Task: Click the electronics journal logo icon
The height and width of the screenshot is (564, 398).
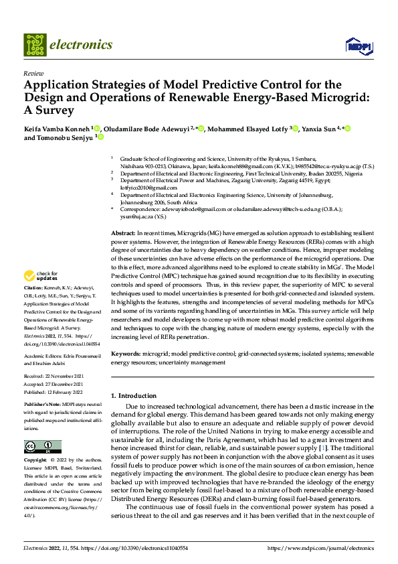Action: (x=34, y=45)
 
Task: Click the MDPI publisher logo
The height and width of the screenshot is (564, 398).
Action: (x=356, y=45)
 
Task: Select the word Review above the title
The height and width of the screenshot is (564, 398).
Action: (x=33, y=73)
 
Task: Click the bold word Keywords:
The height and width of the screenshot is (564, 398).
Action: (x=126, y=352)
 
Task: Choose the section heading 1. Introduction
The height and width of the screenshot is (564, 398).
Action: (x=133, y=396)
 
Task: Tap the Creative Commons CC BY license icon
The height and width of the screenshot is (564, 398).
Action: (x=42, y=446)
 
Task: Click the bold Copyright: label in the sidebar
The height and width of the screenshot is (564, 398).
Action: (x=36, y=462)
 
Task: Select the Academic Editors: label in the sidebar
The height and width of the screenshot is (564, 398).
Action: (x=43, y=357)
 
